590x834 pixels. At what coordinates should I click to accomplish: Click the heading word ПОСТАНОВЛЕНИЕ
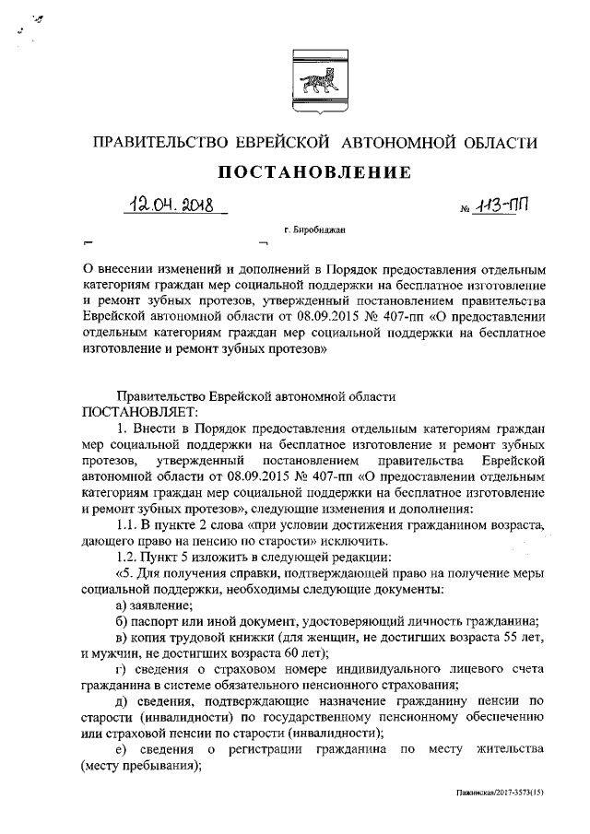313,173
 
